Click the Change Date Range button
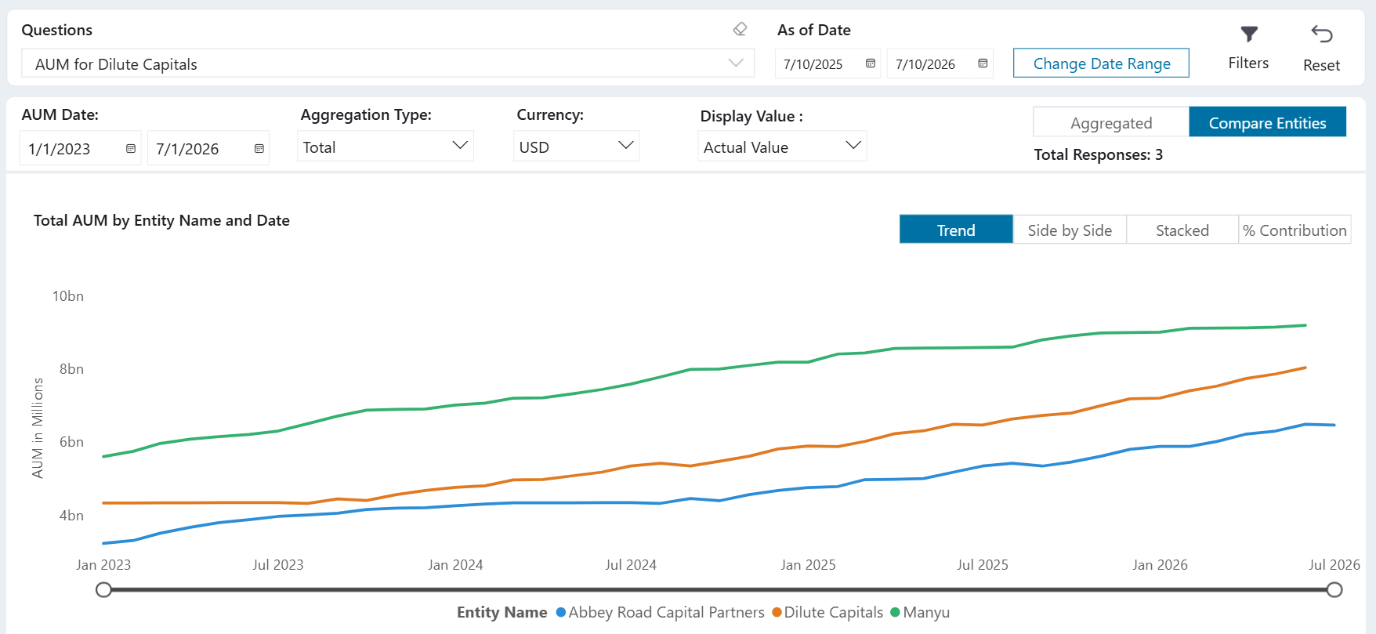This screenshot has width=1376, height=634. pos(1101,63)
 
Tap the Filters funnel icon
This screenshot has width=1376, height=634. pos(1249,34)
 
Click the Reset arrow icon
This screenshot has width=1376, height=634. pos(1322,34)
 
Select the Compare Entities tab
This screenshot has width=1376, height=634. pos(1267,122)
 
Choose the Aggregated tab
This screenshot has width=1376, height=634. pos(1111,122)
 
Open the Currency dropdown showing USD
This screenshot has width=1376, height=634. pos(576,147)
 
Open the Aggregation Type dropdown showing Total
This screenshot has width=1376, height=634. pos(386,147)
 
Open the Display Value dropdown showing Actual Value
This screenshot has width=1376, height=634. pos(782,147)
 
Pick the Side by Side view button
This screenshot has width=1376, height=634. pos(1070,230)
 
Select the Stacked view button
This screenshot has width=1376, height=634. pos(1182,230)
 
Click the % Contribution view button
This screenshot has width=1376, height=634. pos(1295,230)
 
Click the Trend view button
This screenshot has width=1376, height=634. pos(956,230)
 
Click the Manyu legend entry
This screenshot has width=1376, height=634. pos(920,612)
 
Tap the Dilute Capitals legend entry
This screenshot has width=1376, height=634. pos(827,612)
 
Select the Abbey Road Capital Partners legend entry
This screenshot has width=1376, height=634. pos(660,612)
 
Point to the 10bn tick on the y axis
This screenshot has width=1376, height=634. pos(68,296)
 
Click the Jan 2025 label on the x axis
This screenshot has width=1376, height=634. pos(808,565)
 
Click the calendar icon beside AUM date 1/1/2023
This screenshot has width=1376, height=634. pos(131,148)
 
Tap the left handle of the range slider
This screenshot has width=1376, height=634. pos(103,589)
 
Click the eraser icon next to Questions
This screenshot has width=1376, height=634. pos(740,29)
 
